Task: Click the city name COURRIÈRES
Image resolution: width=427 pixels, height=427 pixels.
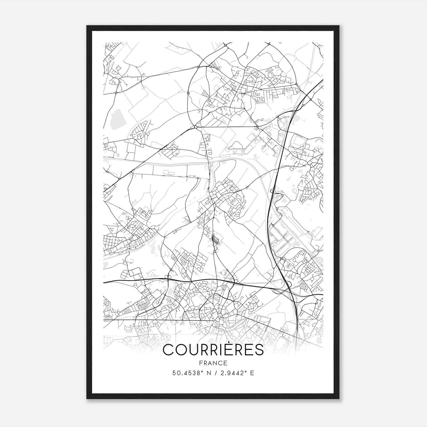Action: (213, 350)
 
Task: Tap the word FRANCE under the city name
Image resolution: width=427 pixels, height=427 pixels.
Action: (213, 363)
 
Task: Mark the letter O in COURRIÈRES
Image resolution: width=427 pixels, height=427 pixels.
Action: (180, 350)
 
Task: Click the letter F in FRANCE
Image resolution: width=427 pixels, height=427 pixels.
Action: (200, 363)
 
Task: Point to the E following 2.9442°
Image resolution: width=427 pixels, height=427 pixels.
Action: (252, 373)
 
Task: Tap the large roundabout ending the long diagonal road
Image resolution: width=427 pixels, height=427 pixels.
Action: (196, 127)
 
